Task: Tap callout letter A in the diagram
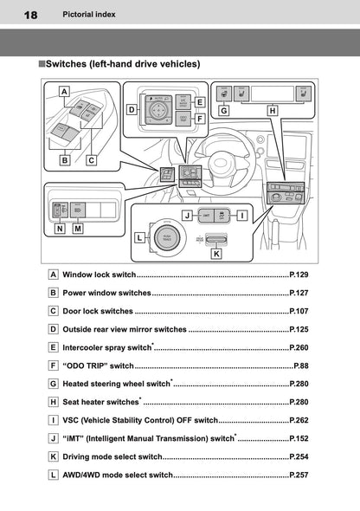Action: point(64,90)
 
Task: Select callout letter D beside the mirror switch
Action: point(132,110)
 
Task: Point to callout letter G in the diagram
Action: point(223,111)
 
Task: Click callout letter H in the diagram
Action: point(273,111)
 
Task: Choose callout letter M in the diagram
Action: point(78,230)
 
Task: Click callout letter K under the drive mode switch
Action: point(216,254)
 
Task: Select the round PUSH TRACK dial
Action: point(165,238)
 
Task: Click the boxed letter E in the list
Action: point(54,347)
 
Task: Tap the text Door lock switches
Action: point(98,311)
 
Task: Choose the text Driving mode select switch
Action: point(112,456)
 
